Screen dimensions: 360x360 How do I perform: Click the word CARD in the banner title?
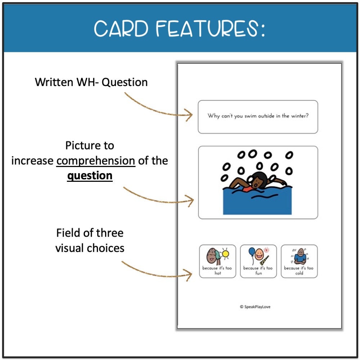[x=120, y=29]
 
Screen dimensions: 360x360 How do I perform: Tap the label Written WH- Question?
[x=91, y=82]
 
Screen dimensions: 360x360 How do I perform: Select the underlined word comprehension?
[x=96, y=161]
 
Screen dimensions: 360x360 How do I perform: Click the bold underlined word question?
[x=90, y=176]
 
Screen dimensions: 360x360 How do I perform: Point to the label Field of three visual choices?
[x=90, y=240]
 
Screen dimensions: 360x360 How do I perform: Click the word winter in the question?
[x=300, y=116]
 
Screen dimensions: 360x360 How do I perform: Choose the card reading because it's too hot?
[x=217, y=261]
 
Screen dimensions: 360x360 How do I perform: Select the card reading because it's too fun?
[x=258, y=261]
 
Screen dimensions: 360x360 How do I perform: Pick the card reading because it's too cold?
[x=299, y=261]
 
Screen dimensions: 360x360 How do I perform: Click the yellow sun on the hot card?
[x=226, y=254]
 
